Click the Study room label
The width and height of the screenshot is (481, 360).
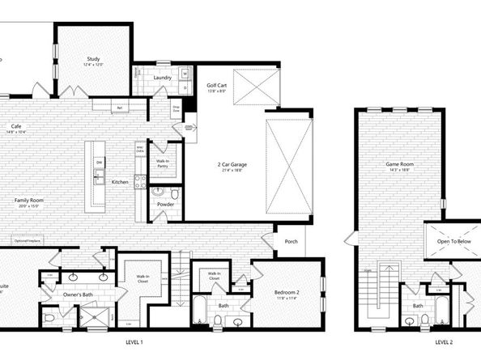point(93,59)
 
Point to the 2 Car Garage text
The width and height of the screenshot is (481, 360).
point(232,165)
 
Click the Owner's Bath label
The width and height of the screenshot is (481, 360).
point(77,296)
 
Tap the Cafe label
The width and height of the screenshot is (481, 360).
point(15,126)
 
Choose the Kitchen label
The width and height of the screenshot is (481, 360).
point(120,182)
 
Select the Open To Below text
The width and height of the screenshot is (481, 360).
point(454,241)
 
